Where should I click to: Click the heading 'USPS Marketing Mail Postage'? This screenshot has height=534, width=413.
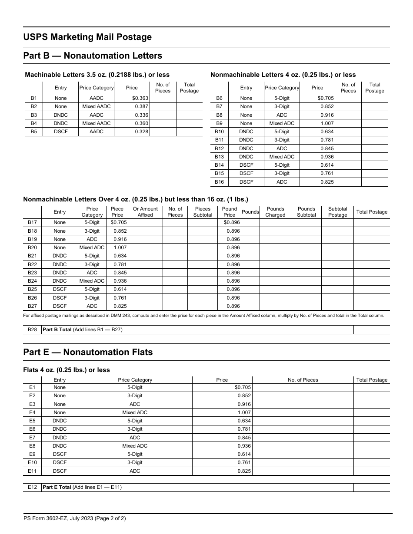point(87,37)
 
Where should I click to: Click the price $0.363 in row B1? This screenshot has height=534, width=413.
point(140,99)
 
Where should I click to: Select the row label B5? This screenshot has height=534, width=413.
point(34,132)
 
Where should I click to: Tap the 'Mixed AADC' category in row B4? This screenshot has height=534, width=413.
point(97,123)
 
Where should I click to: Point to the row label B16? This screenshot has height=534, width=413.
point(220,182)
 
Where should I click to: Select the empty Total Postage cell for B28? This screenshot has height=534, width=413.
point(371,330)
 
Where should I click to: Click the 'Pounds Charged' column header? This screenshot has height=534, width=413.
point(275,212)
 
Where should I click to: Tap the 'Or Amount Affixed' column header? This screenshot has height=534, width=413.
point(145,212)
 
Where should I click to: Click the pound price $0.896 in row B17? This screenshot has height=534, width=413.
point(231,222)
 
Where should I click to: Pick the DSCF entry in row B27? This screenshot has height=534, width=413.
point(60,306)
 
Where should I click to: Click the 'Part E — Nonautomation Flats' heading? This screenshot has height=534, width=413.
point(88,352)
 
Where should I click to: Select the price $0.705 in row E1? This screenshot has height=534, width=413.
point(243,387)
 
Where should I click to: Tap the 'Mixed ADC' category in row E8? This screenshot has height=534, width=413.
point(135,446)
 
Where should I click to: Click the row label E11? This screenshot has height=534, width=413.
point(33,471)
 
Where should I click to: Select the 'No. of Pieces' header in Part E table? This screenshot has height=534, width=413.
point(303,380)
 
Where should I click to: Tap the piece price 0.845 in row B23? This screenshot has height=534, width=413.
point(120,273)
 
